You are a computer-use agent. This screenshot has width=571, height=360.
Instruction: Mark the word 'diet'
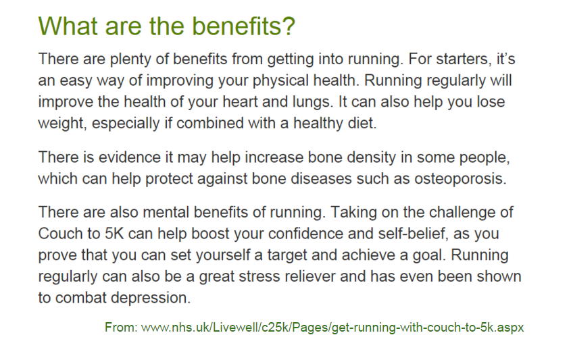(x=342, y=124)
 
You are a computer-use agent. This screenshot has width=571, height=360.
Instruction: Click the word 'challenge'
(x=445, y=212)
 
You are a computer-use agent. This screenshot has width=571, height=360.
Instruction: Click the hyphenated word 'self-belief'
(x=397, y=234)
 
